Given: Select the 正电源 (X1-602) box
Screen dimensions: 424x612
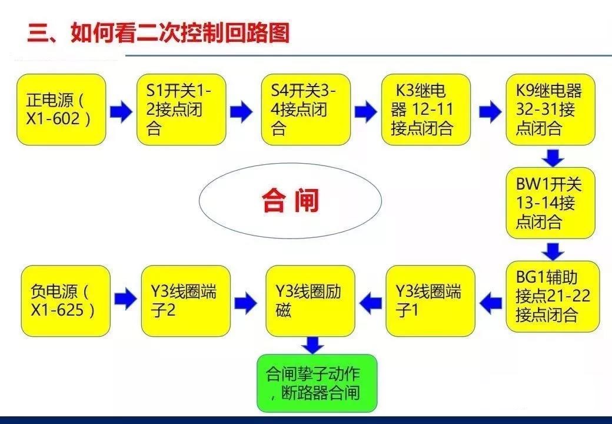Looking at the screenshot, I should tap(61, 110).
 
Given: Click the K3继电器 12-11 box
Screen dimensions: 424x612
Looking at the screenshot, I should tap(426, 110).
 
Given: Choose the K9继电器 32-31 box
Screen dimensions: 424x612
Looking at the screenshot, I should tap(550, 110).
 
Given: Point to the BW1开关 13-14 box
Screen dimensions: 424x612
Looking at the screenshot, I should tap(550, 203).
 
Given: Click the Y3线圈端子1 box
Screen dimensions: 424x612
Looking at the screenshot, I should tap(430, 301).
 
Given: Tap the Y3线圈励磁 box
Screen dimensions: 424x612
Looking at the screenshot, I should tap(310, 301).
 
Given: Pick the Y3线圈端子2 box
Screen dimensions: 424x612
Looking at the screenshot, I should tap(185, 301).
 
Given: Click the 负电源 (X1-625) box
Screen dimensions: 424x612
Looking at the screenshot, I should tap(65, 301).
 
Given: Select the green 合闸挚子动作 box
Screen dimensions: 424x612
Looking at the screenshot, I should tap(317, 383).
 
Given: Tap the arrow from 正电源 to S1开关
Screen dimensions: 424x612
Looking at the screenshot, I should tap(121, 111).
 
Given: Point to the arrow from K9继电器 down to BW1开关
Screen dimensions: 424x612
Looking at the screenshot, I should tap(552, 157).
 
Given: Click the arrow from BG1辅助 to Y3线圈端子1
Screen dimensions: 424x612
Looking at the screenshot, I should tap(490, 302).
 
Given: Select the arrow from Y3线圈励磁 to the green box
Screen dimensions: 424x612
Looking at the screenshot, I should tap(312, 345).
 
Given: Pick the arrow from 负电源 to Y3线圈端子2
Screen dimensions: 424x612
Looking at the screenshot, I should tap(125, 300).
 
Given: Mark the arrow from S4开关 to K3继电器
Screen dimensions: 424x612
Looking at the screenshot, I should tap(365, 111).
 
